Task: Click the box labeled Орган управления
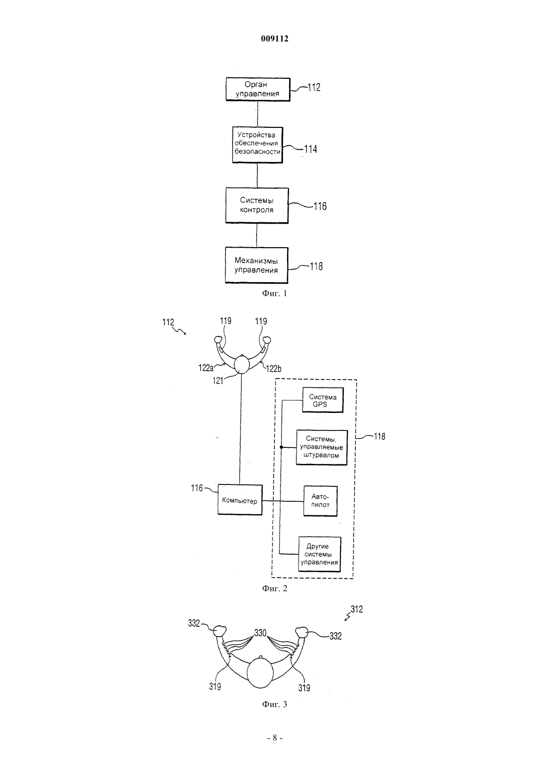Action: coord(257,89)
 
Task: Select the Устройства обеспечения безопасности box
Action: coord(257,145)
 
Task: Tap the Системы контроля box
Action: coord(256,205)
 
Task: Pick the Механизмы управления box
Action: coord(256,265)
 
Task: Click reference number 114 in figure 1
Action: coord(310,149)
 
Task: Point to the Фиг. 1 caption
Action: coord(274,294)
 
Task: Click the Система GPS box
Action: coord(322,400)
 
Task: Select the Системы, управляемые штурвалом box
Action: coord(321,447)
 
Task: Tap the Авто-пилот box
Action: coord(320,501)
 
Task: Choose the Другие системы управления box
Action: coord(319,554)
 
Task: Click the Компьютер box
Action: coord(240,499)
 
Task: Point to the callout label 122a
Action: coord(205,368)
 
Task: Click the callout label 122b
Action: coord(273,369)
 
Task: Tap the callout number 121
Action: coord(217,381)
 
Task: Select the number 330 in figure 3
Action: coord(260,633)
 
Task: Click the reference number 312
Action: coord(356,609)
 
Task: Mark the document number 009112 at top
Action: coord(274,38)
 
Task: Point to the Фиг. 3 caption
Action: coord(274,704)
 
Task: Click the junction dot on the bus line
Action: coord(281,447)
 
